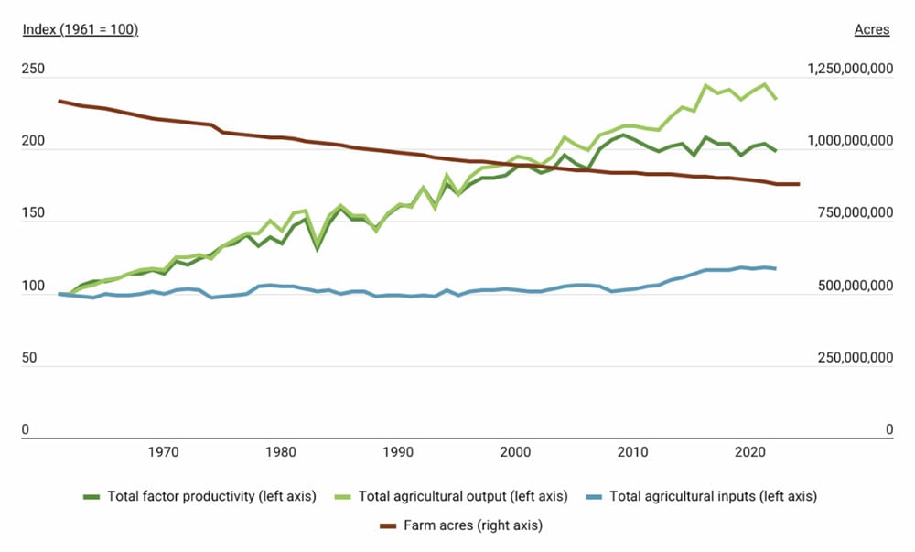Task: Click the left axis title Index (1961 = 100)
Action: click(x=80, y=29)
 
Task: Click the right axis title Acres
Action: click(x=871, y=29)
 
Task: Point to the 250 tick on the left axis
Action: click(x=33, y=70)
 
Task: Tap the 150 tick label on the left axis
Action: click(x=33, y=213)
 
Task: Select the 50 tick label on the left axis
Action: click(x=29, y=357)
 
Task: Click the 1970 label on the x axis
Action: click(x=163, y=451)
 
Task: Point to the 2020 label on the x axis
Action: click(x=750, y=451)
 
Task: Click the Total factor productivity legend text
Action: click(x=211, y=496)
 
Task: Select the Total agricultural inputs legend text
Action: click(x=713, y=496)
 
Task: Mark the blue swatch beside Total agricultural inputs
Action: click(x=594, y=496)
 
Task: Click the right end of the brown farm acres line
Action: click(x=799, y=184)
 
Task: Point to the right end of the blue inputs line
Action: click(x=776, y=268)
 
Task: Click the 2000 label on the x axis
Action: click(x=516, y=451)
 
